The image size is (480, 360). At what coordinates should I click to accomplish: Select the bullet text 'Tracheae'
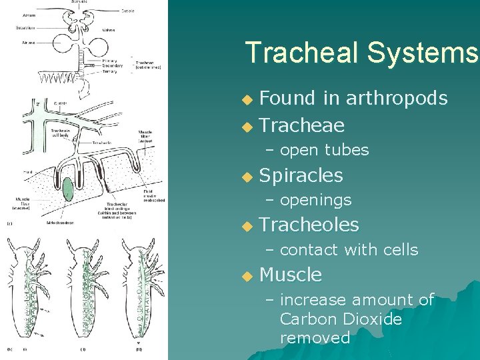pos(301,125)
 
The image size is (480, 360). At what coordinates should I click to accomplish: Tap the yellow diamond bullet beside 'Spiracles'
pos(247,177)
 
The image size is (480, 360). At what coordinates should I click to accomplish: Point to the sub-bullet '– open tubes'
pos(317,150)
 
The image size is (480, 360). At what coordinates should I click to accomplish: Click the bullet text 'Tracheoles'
pos(309,225)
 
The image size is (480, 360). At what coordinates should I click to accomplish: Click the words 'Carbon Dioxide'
pos(341,319)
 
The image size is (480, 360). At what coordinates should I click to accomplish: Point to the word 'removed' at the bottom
pos(315,338)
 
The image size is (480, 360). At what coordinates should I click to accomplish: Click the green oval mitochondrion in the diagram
pos(67,187)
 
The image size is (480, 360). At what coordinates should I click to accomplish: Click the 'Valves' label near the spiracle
pos(108,30)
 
